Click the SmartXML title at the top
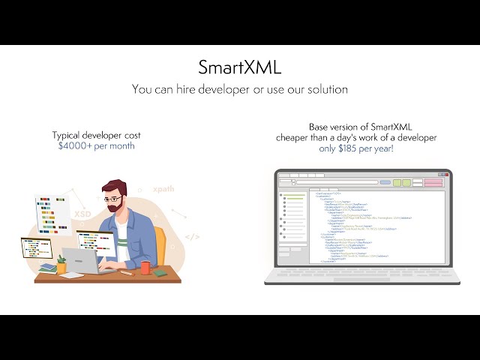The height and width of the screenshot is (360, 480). pyautogui.click(x=240, y=67)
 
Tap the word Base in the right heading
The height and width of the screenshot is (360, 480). pyautogui.click(x=320, y=127)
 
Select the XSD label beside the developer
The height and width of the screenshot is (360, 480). pyautogui.click(x=82, y=214)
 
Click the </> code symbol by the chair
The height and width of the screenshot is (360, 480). pyautogui.click(x=193, y=237)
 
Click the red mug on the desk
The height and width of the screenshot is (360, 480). pyautogui.click(x=145, y=268)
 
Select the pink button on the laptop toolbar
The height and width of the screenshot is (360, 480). pyautogui.click(x=433, y=182)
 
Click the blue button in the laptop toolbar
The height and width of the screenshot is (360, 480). pyautogui.click(x=385, y=182)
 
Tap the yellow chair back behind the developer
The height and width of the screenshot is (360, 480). pyautogui.click(x=160, y=244)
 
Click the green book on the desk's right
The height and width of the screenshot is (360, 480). pyautogui.click(x=159, y=272)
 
